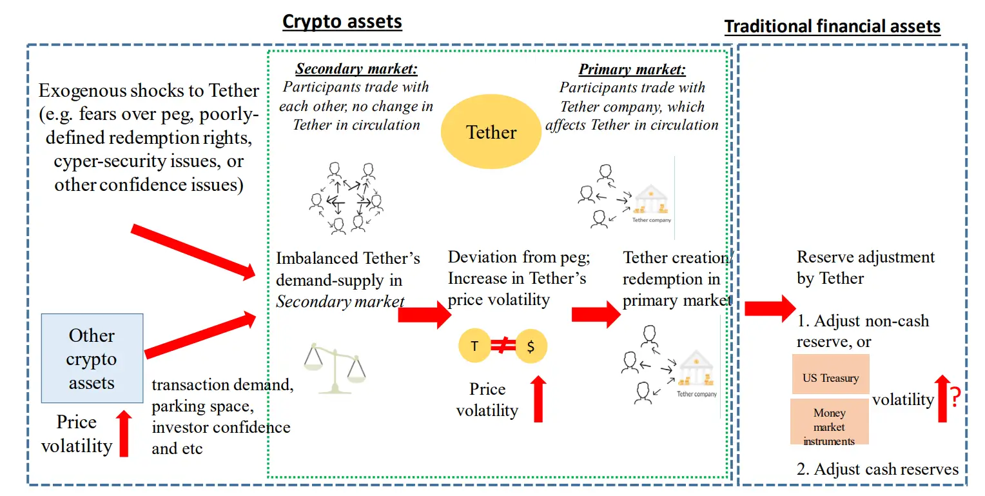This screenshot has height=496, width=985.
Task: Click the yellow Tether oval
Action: point(491,132)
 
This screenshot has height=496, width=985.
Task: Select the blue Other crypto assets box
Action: point(92,358)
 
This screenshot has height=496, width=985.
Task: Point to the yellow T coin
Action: point(474,346)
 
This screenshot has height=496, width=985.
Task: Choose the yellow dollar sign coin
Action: point(531,346)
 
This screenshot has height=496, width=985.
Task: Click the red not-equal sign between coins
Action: point(502,346)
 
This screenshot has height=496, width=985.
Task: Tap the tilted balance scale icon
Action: point(335,368)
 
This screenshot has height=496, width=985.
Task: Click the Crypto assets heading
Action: point(342,22)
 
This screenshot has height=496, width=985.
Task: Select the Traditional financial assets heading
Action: point(832,27)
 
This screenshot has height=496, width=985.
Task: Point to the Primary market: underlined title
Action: point(632,70)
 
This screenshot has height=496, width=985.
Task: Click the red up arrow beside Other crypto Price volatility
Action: point(123,433)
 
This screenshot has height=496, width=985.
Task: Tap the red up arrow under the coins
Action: point(539,399)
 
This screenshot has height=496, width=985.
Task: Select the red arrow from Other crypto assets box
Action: point(201,333)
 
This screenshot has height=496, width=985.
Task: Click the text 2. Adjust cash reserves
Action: point(877,469)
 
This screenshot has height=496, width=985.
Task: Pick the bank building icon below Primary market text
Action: point(651,202)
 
